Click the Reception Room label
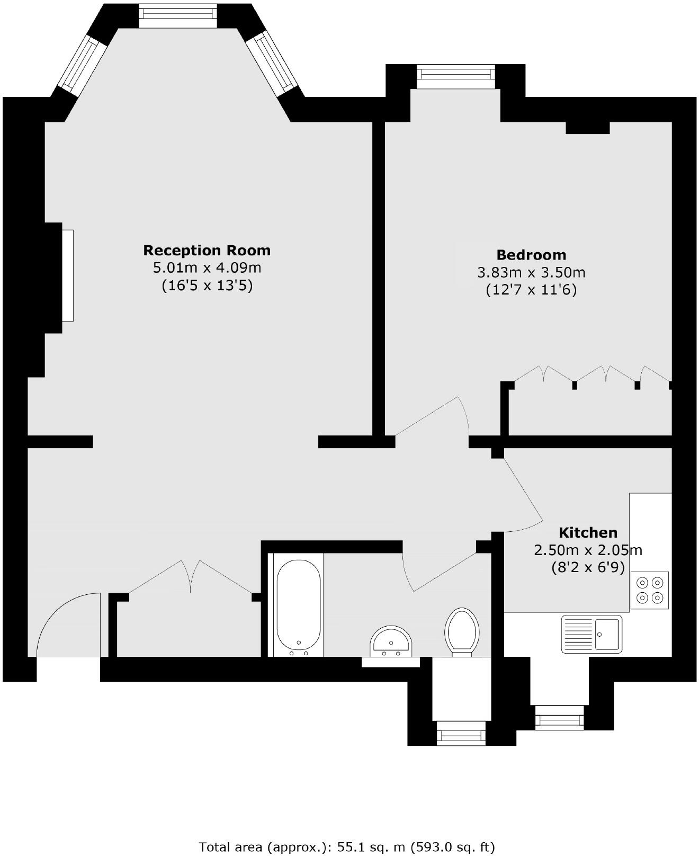click(x=207, y=250)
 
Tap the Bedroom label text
click(x=531, y=255)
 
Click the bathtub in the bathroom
click(x=298, y=604)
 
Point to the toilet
click(x=462, y=631)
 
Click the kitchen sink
click(x=592, y=634)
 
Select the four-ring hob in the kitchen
click(x=650, y=590)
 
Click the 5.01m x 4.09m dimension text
click(x=207, y=267)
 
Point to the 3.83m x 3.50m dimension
click(x=531, y=273)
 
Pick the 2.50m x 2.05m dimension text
click(x=588, y=550)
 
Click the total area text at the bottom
click(x=347, y=846)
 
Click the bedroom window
click(x=456, y=76)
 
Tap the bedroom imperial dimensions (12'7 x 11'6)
click(x=531, y=290)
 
